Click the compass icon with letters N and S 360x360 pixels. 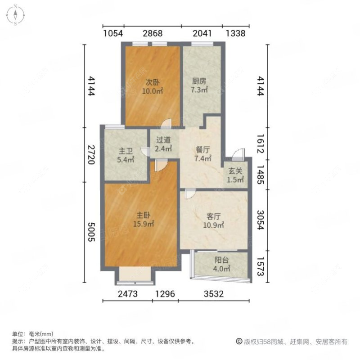[x=15, y=14]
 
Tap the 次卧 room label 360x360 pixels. [x=152, y=82]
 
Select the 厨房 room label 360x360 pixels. [x=199, y=81]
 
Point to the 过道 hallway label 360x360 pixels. [x=163, y=139]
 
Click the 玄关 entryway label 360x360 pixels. [x=235, y=171]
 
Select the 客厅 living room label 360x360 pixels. [x=214, y=216]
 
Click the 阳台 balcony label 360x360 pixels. [x=221, y=261]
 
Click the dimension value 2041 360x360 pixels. [x=202, y=33]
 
